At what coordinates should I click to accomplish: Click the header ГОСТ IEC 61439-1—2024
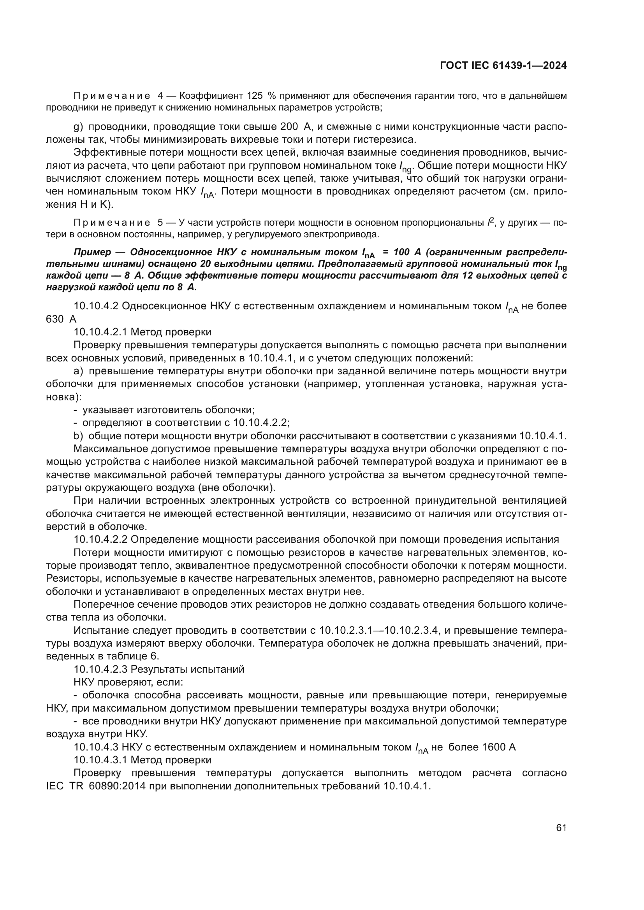click(x=503, y=66)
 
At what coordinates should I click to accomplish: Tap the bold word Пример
click(x=92, y=252)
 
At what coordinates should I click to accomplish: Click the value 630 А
click(x=61, y=319)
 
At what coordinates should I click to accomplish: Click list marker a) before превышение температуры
click(x=79, y=371)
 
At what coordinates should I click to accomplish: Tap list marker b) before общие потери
click(x=79, y=436)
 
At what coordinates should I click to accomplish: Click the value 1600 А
click(x=498, y=747)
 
